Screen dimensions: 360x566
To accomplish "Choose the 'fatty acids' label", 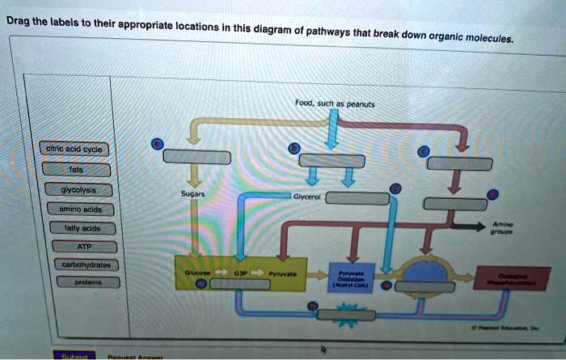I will [x=79, y=229].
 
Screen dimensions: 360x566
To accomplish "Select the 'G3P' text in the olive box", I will [x=241, y=274].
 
